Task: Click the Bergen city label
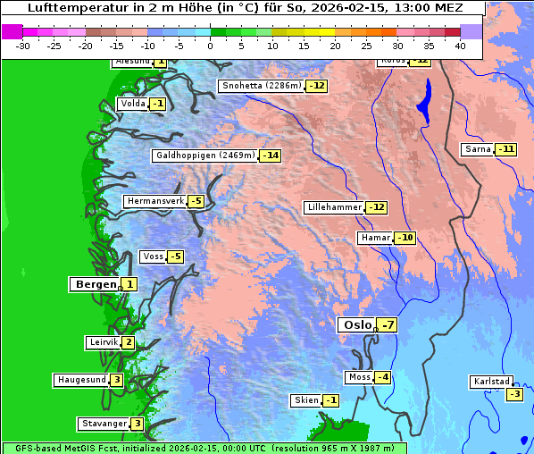click(x=96, y=284)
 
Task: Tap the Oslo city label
click(x=357, y=325)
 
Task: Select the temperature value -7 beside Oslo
click(x=387, y=325)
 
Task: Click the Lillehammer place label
click(x=335, y=207)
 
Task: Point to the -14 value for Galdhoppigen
click(x=271, y=156)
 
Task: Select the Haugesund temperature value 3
click(x=117, y=380)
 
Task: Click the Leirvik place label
click(x=104, y=342)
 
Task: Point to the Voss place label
click(x=154, y=256)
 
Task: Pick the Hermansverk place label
click(x=155, y=201)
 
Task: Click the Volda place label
click(x=133, y=104)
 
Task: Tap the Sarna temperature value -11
click(x=506, y=149)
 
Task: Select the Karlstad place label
click(x=491, y=382)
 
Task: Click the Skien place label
click(x=306, y=400)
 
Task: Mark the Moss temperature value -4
click(x=382, y=377)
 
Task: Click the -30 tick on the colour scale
click(x=24, y=45)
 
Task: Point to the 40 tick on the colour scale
click(x=460, y=45)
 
